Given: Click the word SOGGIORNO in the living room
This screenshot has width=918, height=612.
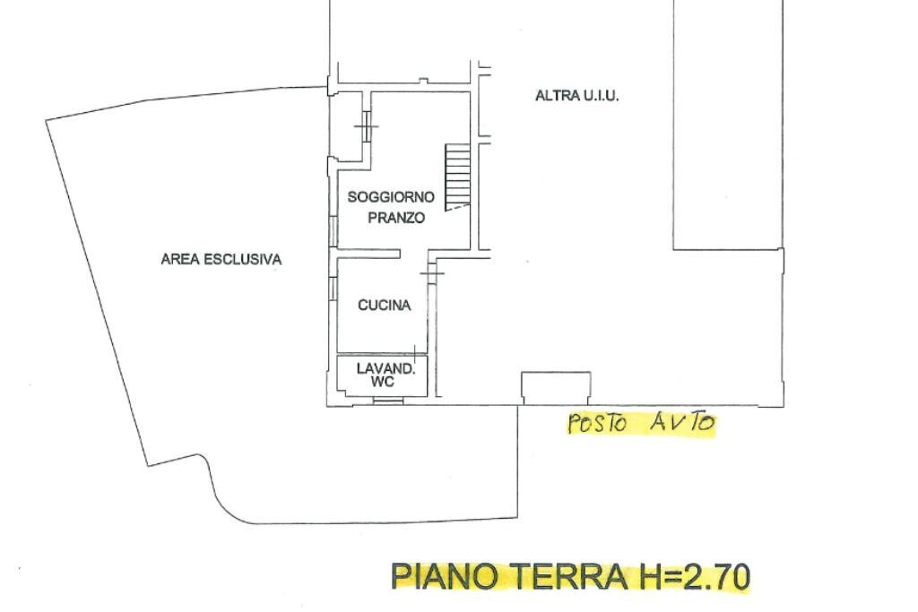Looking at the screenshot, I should pos(391,197).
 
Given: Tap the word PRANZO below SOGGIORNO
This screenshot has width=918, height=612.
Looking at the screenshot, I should pos(395,219).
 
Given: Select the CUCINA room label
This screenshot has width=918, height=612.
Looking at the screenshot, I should pos(384,306).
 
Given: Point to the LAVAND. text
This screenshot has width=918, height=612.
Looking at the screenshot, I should pos(385,368).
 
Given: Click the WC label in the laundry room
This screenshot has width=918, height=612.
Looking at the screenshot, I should pos(384,382).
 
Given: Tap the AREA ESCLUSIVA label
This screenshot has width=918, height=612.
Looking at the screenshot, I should pos(221,260).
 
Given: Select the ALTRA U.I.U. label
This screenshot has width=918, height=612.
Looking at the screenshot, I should pos(576,96).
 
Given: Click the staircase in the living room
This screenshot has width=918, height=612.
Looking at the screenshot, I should pos(458,176).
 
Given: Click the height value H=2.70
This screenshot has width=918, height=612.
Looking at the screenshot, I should pos(693,576).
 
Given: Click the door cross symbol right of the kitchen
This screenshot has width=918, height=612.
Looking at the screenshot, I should pos(432,272).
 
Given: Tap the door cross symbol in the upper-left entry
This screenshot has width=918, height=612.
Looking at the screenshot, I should pos(366,126).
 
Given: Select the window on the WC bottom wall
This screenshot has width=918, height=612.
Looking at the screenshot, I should pos(387,401).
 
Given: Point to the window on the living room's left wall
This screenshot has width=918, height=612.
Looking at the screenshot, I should pos(333,229).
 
